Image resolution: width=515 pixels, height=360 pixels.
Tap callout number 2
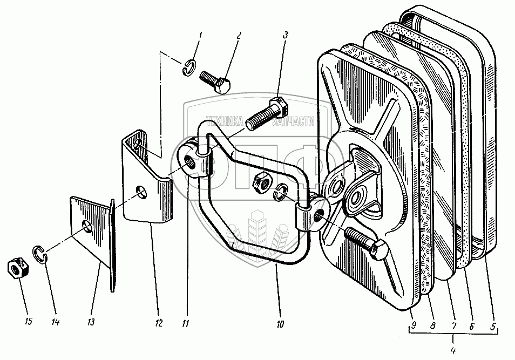click(239, 37)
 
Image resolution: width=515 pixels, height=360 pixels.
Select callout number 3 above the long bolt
click(286, 36)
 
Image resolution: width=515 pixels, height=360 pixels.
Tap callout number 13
click(91, 323)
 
